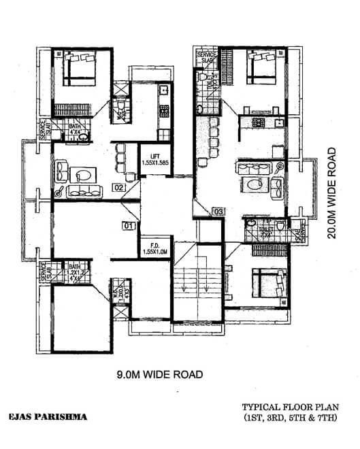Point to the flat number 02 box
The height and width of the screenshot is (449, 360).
pyautogui.click(x=118, y=187)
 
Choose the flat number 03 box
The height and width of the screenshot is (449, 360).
pyautogui.click(x=218, y=212)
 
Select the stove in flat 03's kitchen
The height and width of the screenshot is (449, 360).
pyautogui.click(x=259, y=123)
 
